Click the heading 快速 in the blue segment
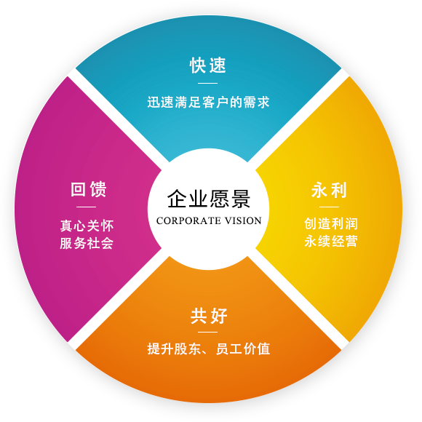(208, 65)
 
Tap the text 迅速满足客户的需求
(208, 103)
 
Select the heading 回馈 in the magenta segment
(89, 189)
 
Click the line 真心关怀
(87, 226)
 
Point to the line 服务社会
(87, 243)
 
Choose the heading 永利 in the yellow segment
(329, 190)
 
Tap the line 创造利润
(331, 224)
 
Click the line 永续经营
(331, 241)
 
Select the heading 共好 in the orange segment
(209, 316)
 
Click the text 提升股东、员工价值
(209, 349)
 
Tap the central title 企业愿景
(209, 199)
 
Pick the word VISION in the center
(243, 220)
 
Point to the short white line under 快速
(208, 83)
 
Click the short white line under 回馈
(86, 207)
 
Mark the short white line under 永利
(329, 207)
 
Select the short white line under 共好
(208, 332)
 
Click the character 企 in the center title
(177, 199)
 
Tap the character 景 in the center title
(241, 199)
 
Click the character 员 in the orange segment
(223, 349)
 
